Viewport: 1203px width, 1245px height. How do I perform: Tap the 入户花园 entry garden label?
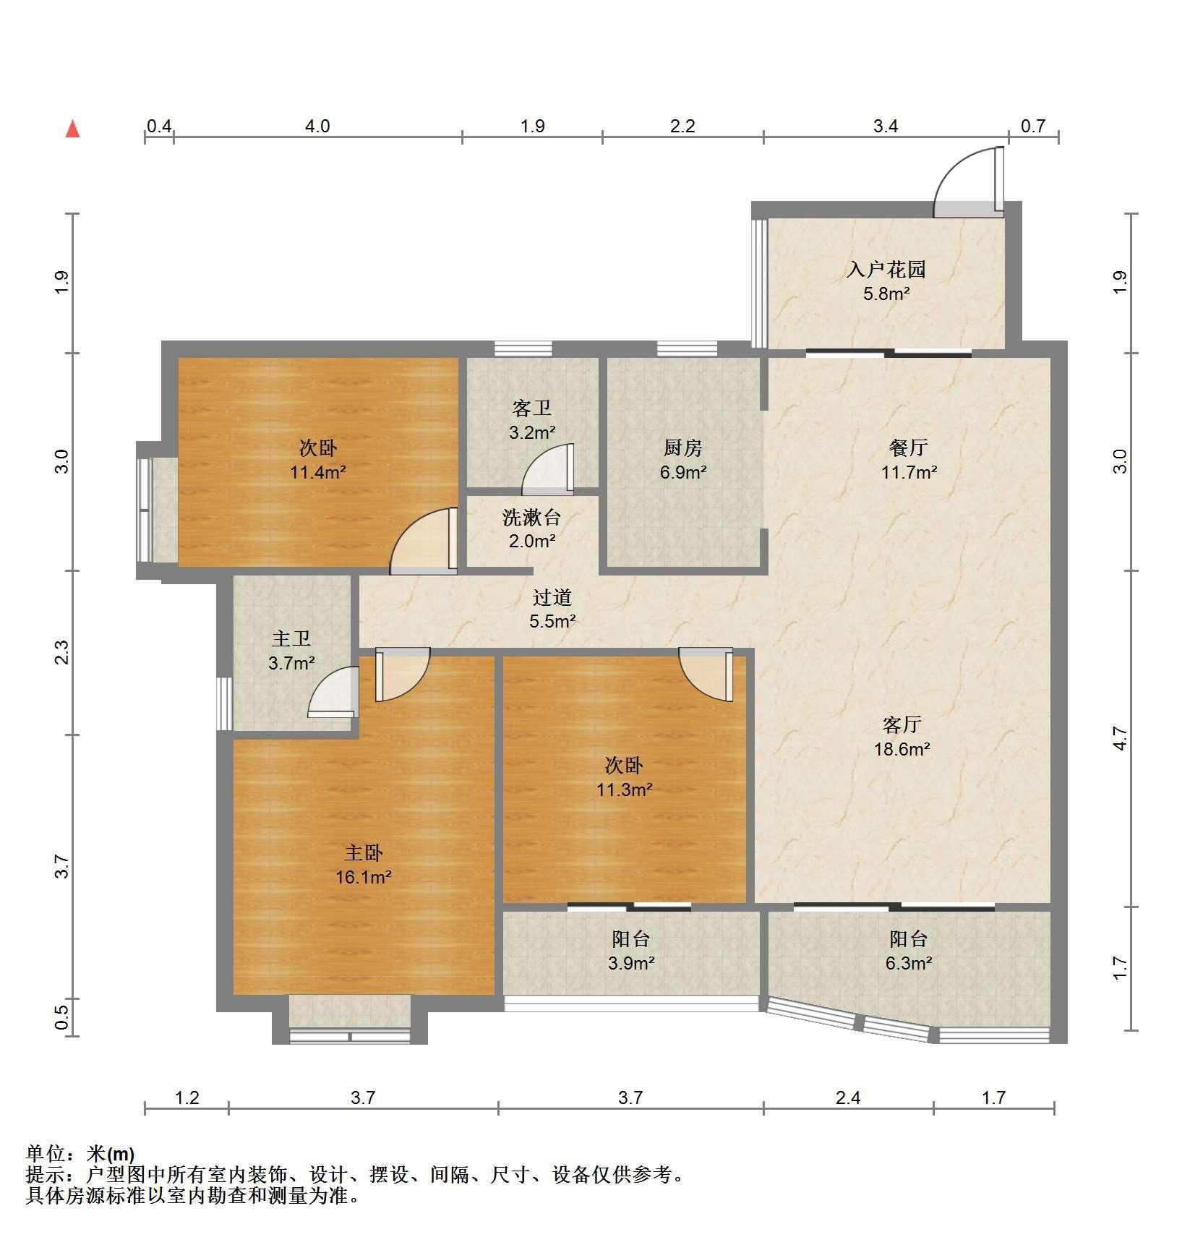[886, 270]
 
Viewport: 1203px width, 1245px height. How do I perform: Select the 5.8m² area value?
[886, 294]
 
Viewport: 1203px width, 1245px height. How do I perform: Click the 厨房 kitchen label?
[682, 448]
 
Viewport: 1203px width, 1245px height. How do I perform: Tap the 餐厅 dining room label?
[909, 448]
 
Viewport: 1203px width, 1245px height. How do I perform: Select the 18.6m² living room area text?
[902, 749]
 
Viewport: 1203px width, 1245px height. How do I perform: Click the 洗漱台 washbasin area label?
[531, 517]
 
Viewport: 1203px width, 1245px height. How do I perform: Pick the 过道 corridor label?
[552, 597]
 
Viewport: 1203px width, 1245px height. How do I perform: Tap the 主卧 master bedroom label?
[363, 853]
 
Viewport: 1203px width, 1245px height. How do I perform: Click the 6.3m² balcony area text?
[908, 963]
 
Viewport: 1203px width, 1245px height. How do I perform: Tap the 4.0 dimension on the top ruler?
[317, 127]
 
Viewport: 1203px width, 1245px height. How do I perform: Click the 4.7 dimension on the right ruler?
[1120, 737]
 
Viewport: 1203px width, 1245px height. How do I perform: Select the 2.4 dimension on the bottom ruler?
[848, 1098]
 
